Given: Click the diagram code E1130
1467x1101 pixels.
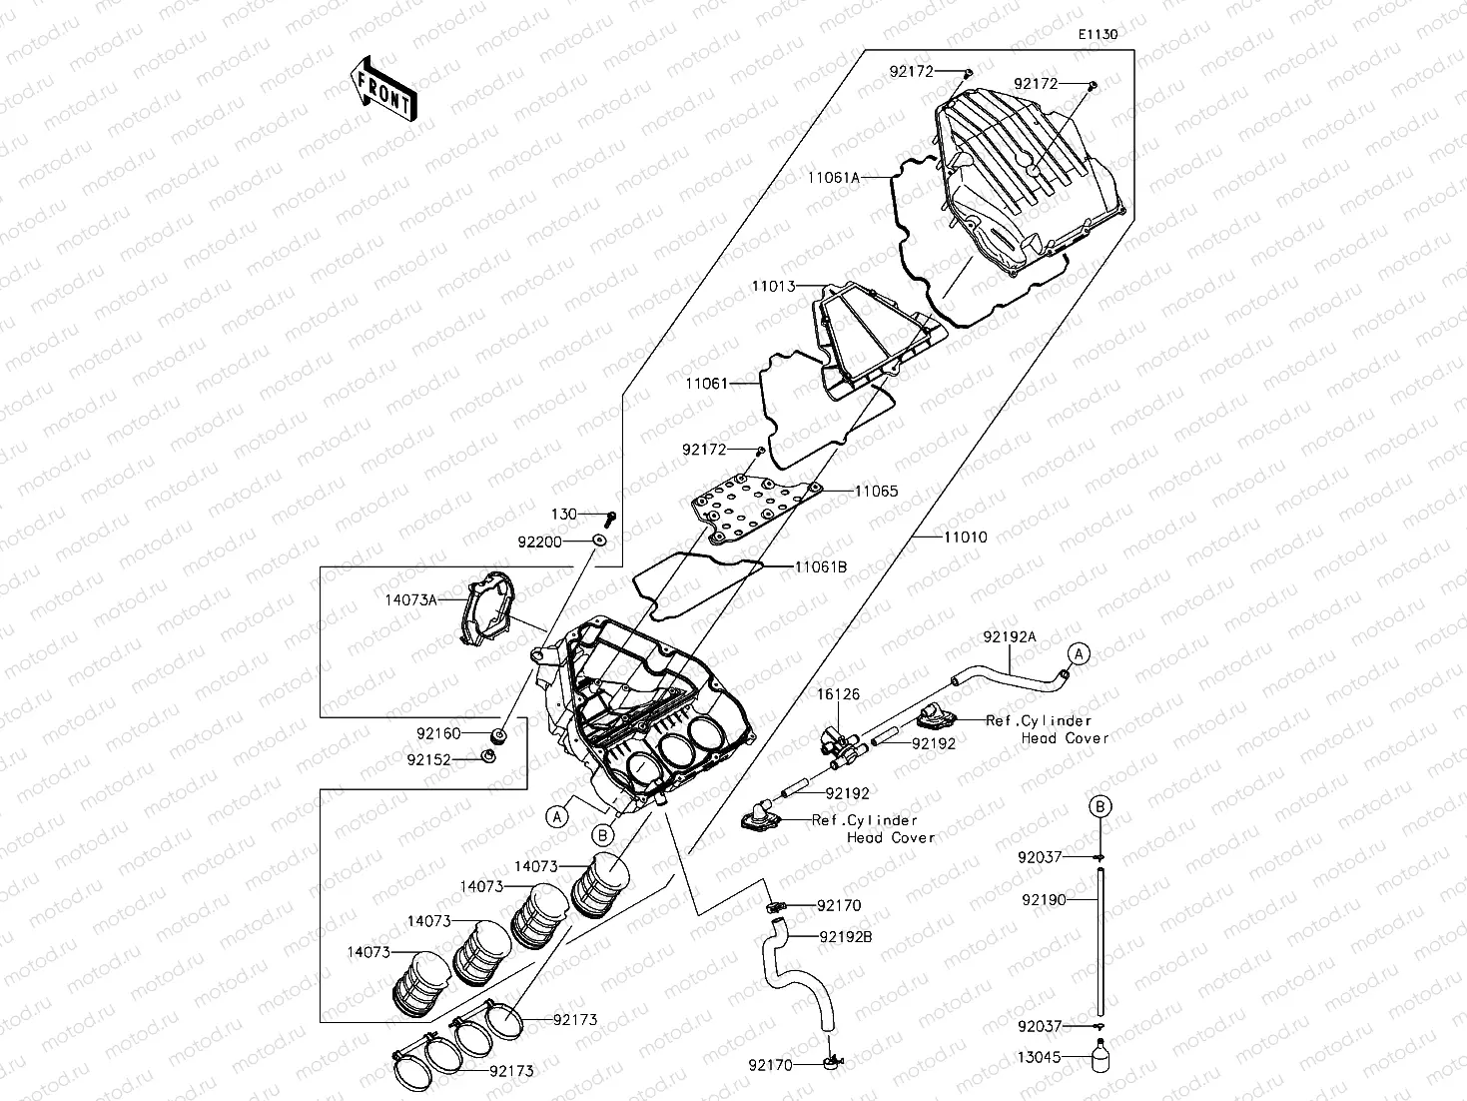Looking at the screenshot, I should pyautogui.click(x=1097, y=34).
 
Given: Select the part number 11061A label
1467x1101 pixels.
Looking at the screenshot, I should pyautogui.click(x=834, y=177).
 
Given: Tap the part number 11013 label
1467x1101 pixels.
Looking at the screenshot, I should pyautogui.click(x=774, y=287).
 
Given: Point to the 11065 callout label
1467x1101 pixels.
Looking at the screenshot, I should pyautogui.click(x=876, y=492).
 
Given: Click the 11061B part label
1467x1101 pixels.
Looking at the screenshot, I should pyautogui.click(x=821, y=566).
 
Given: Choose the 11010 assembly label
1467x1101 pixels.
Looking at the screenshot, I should pyautogui.click(x=966, y=537).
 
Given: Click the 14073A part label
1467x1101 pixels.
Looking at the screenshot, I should pyautogui.click(x=411, y=599).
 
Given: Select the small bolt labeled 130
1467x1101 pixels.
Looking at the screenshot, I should pyautogui.click(x=611, y=518).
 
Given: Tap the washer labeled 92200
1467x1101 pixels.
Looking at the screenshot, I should pyautogui.click(x=600, y=541).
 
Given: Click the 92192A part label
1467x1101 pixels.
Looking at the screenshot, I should pyautogui.click(x=1010, y=635).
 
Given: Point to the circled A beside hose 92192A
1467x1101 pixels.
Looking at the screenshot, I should pyautogui.click(x=1081, y=653).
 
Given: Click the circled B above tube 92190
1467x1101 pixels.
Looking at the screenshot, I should pyautogui.click(x=1099, y=806).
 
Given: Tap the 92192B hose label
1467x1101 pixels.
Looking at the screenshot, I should pyautogui.click(x=846, y=937).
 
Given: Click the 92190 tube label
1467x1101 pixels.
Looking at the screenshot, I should pyautogui.click(x=1044, y=899).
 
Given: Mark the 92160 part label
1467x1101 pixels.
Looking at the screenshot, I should pyautogui.click(x=438, y=733).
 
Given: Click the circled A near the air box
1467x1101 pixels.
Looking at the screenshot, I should pyautogui.click(x=557, y=815).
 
